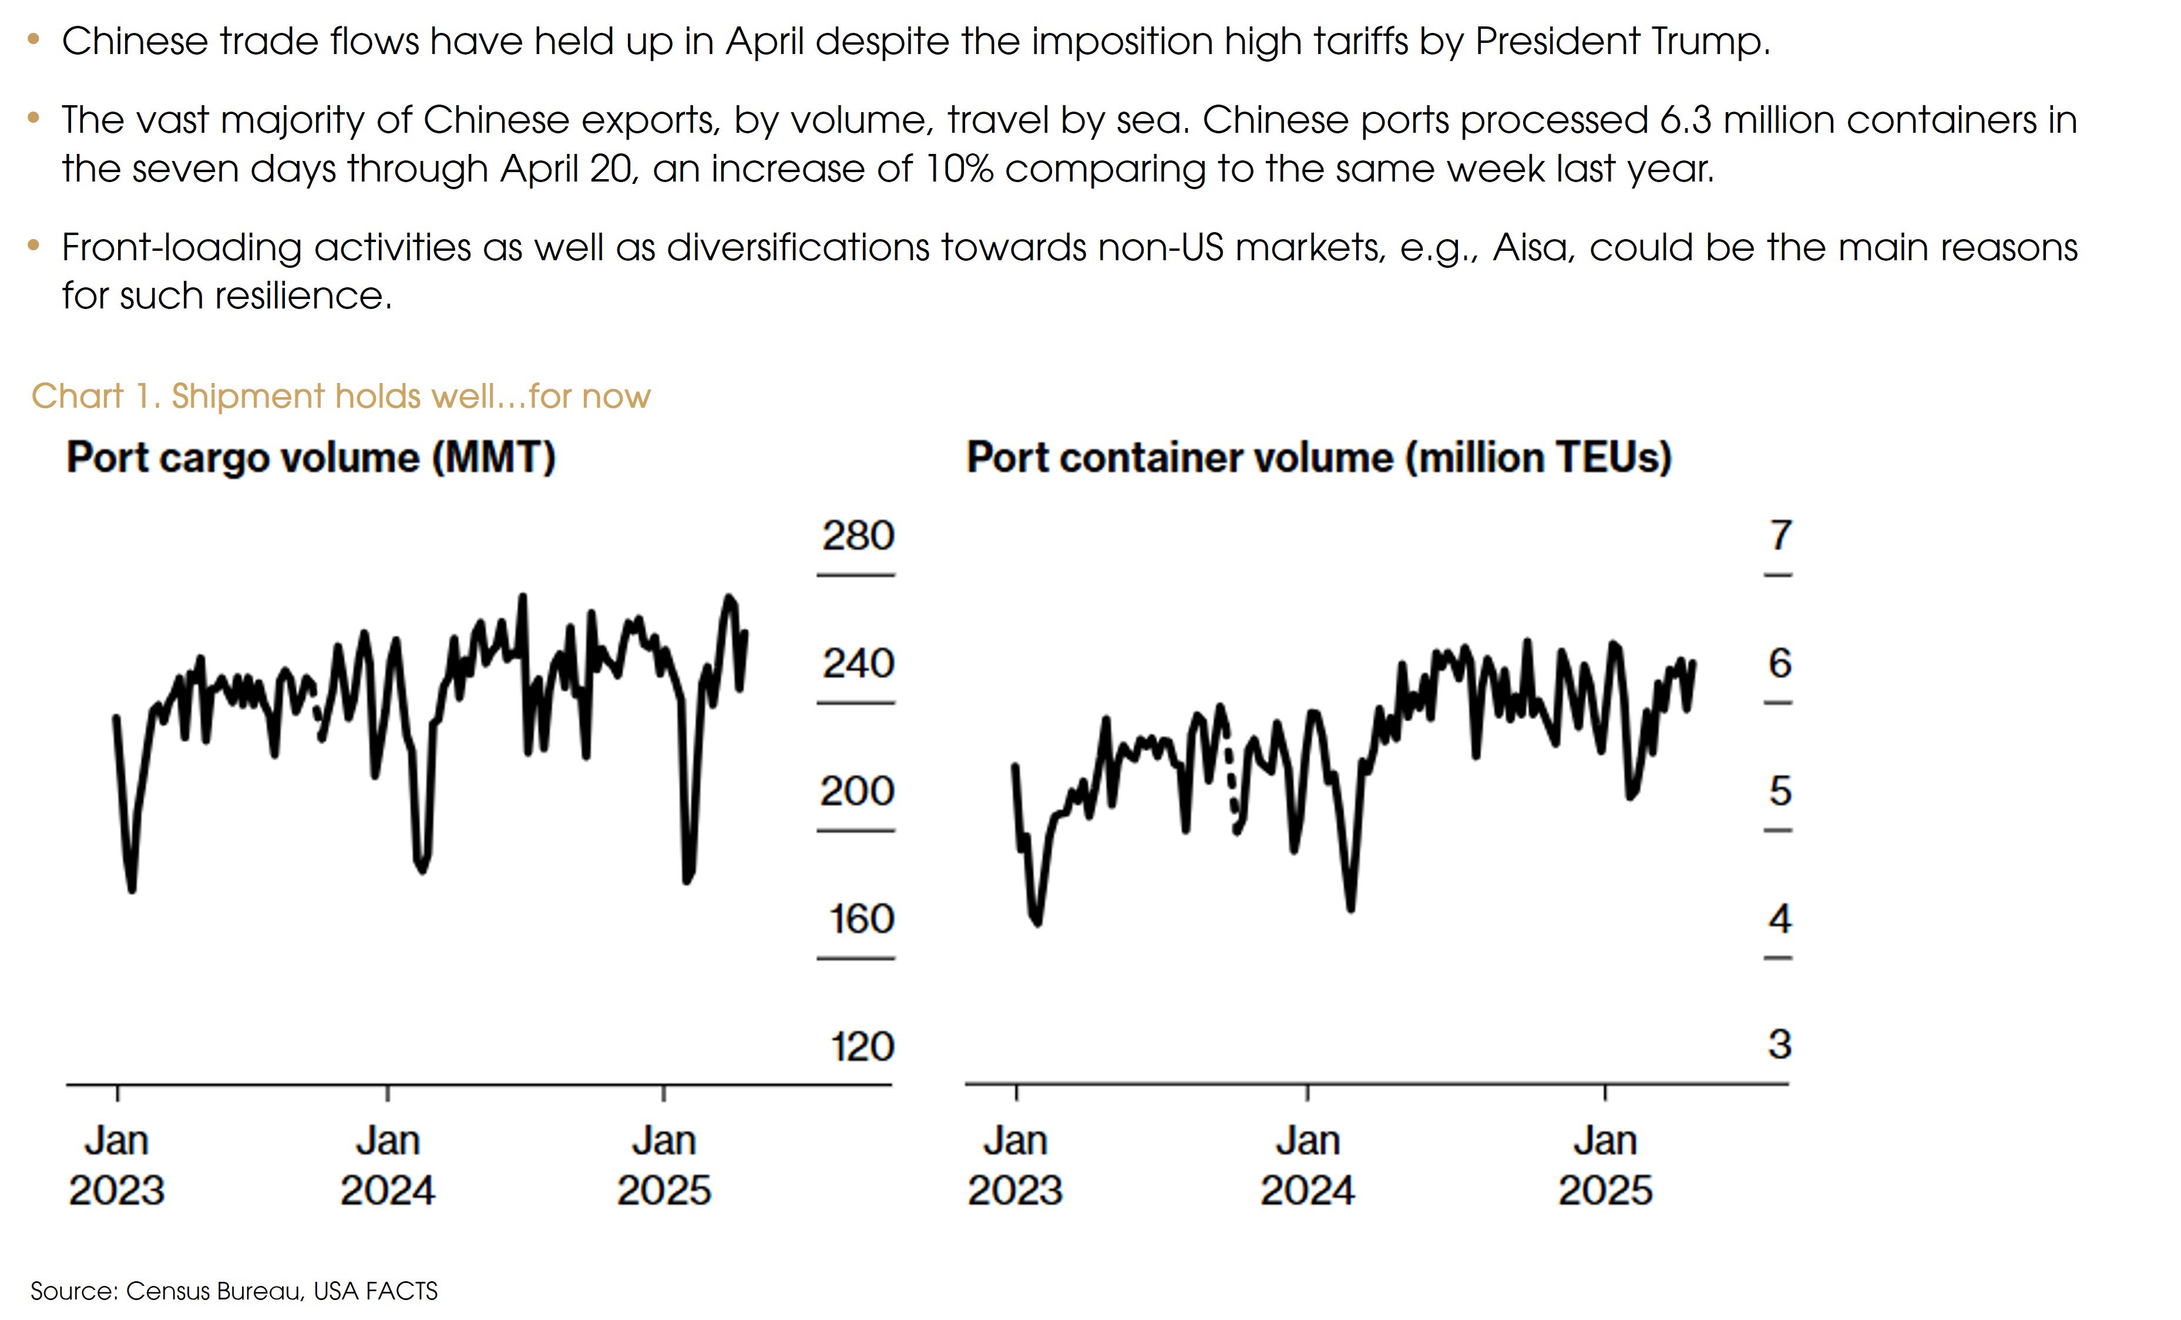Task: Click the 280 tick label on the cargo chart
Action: pyautogui.click(x=858, y=536)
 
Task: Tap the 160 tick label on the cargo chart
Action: pyautogui.click(x=861, y=919)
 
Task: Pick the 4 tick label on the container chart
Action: pyautogui.click(x=1780, y=919)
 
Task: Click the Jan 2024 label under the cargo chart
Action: pyautogui.click(x=388, y=1164)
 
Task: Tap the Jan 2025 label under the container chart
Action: pyautogui.click(x=1605, y=1164)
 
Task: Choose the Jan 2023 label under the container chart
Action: pyautogui.click(x=1014, y=1164)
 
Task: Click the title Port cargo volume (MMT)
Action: pyautogui.click(x=311, y=458)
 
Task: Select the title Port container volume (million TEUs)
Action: pyautogui.click(x=1319, y=458)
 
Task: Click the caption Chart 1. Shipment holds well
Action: pyautogui.click(x=341, y=396)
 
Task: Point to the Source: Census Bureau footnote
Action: pyautogui.click(x=234, y=1291)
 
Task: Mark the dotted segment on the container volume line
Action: pyautogui.click(x=1231, y=784)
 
